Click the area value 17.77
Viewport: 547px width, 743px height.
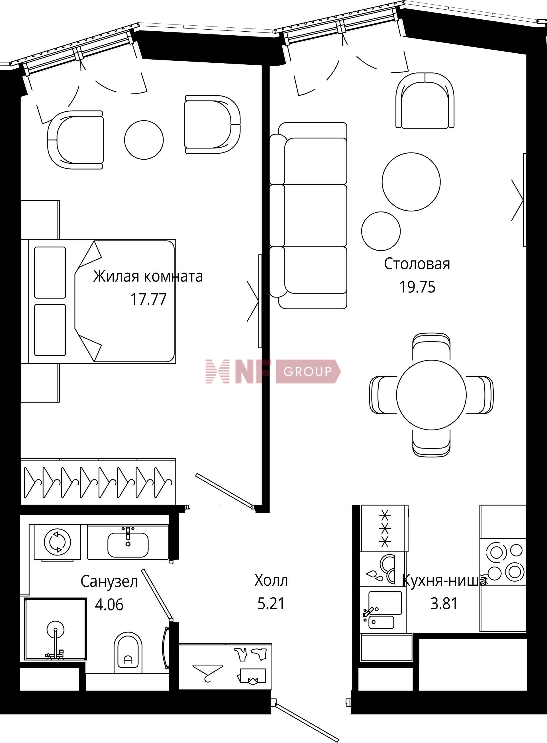pyautogui.click(x=148, y=299)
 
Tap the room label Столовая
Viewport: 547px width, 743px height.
pyautogui.click(x=417, y=264)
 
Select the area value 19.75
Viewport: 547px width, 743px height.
pyautogui.click(x=417, y=287)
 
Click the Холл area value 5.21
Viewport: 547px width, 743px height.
pyautogui.click(x=271, y=604)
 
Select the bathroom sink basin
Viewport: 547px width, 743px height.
pyautogui.click(x=128, y=545)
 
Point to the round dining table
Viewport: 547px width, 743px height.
pyautogui.click(x=431, y=395)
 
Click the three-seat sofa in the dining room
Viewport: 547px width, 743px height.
pyautogui.click(x=308, y=216)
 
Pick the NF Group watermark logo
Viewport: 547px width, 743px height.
pyautogui.click(x=273, y=371)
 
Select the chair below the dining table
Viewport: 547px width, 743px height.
pyautogui.click(x=431, y=442)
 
